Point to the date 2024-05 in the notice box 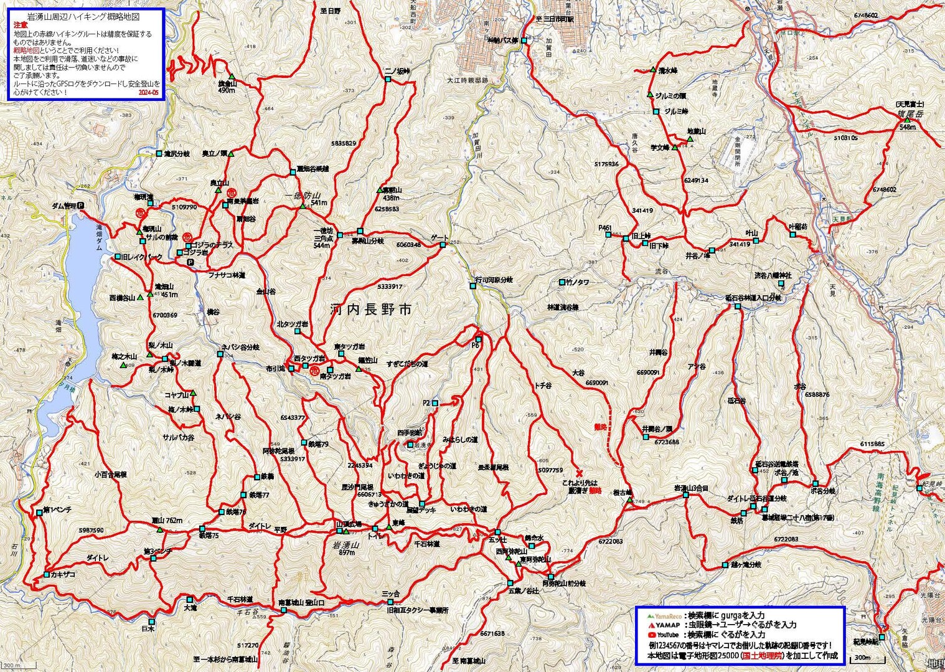(x=148, y=92)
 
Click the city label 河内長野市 (x=370, y=310)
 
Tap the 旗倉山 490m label (x=226, y=87)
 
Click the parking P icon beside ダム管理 (x=80, y=206)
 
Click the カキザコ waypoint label (x=63, y=574)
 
